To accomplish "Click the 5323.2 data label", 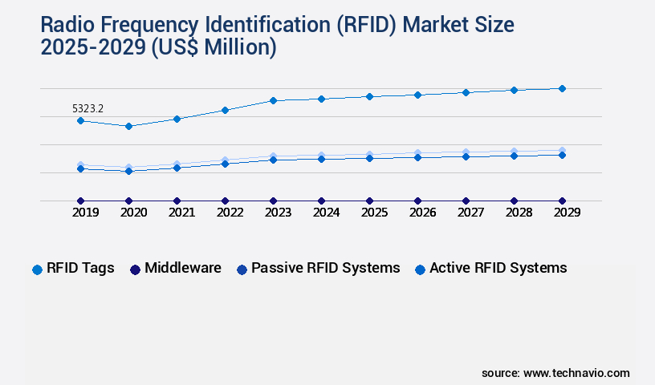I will [88, 107].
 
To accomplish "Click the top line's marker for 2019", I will [80, 120].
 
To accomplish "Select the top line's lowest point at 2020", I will [128, 126].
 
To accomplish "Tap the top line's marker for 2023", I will [273, 100].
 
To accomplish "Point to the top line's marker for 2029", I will [562, 88].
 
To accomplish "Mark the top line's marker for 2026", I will [417, 95].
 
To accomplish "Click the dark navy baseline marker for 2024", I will [321, 201].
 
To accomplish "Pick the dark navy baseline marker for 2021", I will [177, 201].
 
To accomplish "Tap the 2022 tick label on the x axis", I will [230, 213].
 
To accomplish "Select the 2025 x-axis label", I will [374, 213].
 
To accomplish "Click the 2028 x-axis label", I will [519, 213].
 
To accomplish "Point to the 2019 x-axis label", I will [85, 213].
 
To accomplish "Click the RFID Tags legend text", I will [80, 268].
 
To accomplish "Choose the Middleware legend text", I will [183, 268].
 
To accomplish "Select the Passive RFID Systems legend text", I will [325, 268].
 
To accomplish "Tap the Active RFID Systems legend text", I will [498, 268].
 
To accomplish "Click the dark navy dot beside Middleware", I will [135, 269].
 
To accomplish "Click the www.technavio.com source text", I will [576, 373].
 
